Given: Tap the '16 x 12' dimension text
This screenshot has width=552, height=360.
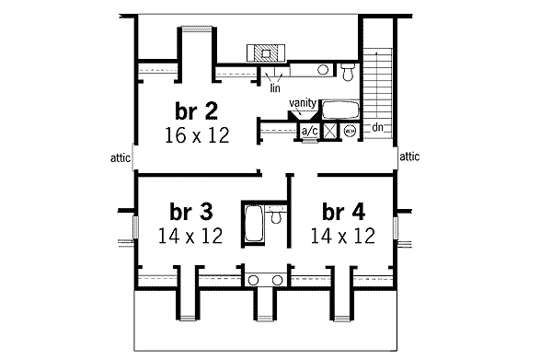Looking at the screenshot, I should point(199,134).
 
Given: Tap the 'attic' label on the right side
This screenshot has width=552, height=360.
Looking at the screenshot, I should point(409,157).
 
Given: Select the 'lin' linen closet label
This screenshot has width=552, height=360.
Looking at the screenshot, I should point(275,88).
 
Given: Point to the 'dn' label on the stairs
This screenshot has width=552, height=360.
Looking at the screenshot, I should point(377,125).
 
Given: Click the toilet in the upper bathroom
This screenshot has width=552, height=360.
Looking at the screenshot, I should point(347,71).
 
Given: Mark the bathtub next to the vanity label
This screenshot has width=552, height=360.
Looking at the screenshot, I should point(342,110).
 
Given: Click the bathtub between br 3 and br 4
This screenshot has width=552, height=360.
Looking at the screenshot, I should point(254,226).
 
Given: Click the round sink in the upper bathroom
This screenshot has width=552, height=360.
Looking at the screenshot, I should point(324,70).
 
